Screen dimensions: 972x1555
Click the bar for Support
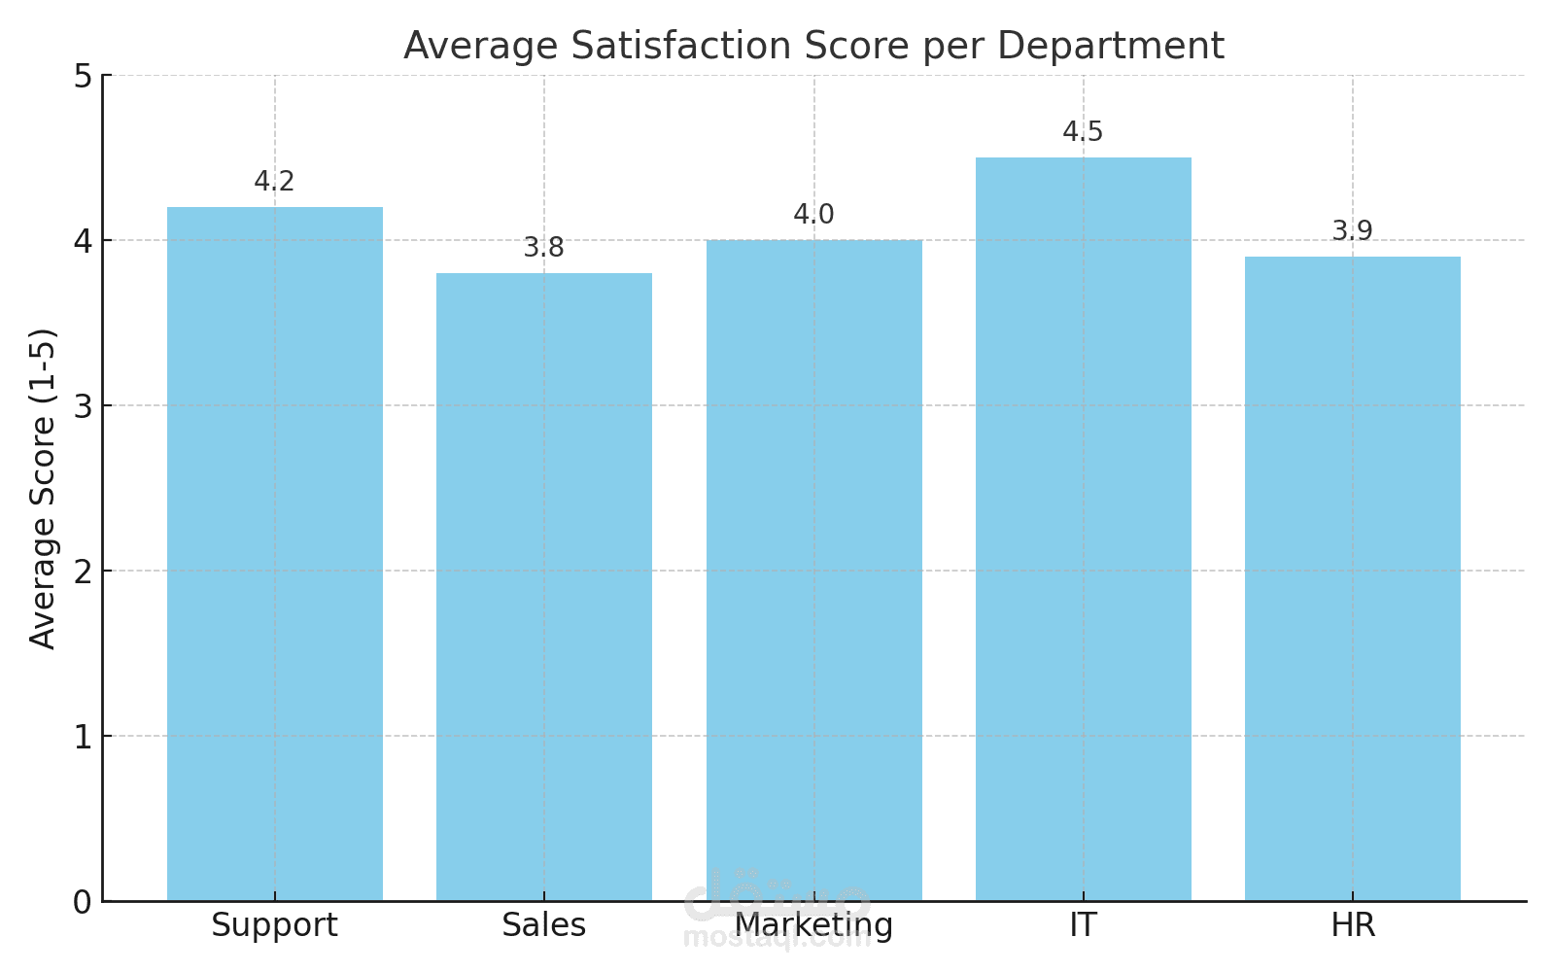pos(275,554)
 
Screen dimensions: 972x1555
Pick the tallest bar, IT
pos(1084,530)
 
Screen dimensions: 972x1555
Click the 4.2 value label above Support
pos(274,182)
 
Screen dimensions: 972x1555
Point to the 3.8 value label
pos(544,248)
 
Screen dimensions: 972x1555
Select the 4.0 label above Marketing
pos(814,215)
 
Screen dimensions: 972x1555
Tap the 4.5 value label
pos(1084,132)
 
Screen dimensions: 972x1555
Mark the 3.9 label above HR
pos(1353,231)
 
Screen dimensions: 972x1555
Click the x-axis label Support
pos(275,925)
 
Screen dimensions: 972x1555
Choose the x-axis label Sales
pos(544,925)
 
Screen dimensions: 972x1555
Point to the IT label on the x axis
pos(1084,925)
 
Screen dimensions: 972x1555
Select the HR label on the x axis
pos(1353,925)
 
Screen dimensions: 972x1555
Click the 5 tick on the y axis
pos(83,76)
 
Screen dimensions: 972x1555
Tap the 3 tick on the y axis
pos(83,406)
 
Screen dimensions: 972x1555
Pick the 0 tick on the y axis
pos(83,902)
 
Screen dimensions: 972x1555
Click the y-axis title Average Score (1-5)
pos(44,488)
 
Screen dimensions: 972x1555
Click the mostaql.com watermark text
pos(777,938)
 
